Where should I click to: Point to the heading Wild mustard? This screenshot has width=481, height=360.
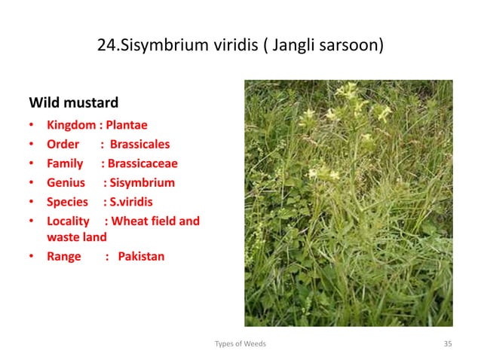click(73, 102)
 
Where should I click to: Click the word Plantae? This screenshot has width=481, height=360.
click(130, 125)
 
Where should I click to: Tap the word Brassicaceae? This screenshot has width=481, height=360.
click(142, 163)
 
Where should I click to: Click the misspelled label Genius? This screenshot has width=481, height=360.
click(66, 182)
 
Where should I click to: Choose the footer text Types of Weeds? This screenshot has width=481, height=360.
click(240, 343)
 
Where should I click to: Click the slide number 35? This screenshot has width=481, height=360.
click(448, 343)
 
